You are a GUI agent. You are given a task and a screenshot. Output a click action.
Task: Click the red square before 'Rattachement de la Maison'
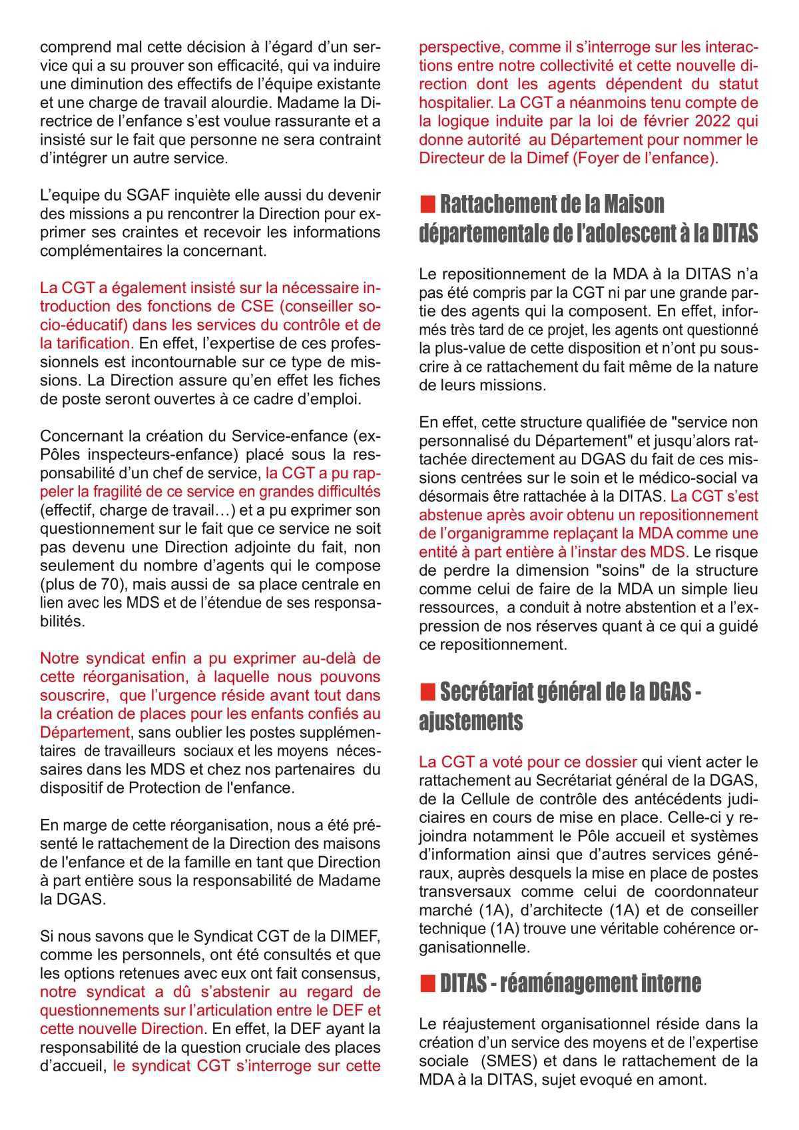coord(427,203)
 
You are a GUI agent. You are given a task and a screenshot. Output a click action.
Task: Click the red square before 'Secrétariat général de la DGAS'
coord(427,692)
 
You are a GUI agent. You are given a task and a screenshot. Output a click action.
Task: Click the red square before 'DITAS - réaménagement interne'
coord(427,983)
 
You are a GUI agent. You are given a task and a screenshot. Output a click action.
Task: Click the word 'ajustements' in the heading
coord(470,722)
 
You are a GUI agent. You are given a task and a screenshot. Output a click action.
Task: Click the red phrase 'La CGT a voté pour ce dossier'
coord(528,761)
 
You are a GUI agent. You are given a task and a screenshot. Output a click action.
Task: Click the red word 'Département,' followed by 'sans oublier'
coord(85,732)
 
